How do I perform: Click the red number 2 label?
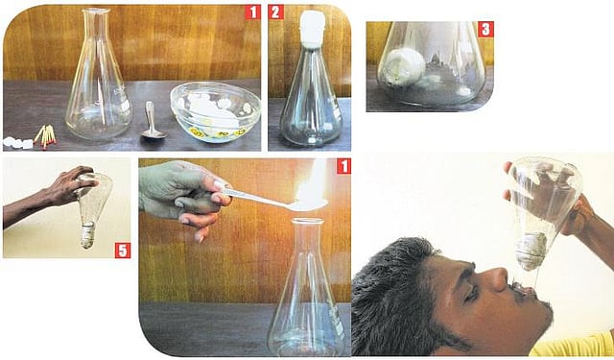click(x=276, y=12)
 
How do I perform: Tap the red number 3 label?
click(x=485, y=30)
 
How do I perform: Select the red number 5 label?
click(x=123, y=251)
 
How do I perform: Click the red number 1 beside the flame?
click(x=343, y=166)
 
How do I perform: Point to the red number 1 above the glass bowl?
click(x=252, y=12)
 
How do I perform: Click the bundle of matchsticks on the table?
click(x=45, y=136)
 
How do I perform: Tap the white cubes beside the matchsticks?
click(x=17, y=143)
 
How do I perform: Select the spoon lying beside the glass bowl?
click(x=153, y=120)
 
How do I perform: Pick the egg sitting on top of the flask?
click(x=312, y=29)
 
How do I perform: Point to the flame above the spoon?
click(x=311, y=184)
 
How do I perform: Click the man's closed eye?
click(x=472, y=293)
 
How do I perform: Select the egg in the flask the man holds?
click(x=531, y=251)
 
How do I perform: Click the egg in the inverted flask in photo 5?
click(x=87, y=235)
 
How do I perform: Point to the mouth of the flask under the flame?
click(x=307, y=222)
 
